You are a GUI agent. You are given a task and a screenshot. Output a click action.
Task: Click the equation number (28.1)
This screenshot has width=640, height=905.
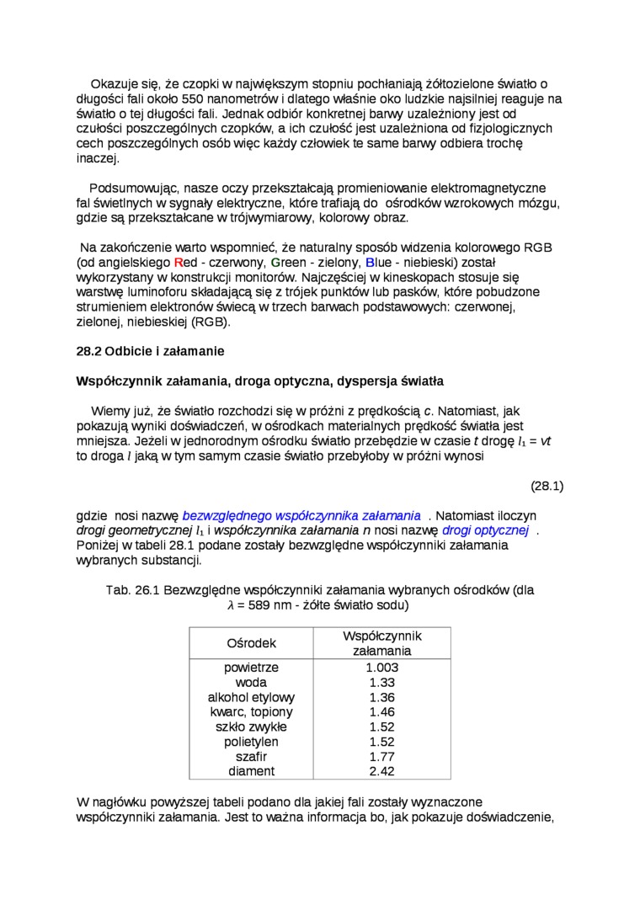[x=547, y=486]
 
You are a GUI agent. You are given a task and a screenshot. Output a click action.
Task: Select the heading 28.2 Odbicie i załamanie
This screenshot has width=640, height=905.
[x=151, y=350]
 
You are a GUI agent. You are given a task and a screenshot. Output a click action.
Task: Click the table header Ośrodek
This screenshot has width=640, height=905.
[x=251, y=643]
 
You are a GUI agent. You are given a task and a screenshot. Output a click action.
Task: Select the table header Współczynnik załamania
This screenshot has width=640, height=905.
[x=381, y=643]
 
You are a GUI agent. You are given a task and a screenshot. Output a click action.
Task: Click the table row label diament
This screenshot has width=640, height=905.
[x=251, y=771]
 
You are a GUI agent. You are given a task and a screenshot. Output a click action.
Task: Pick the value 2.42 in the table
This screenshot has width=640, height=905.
[x=382, y=771]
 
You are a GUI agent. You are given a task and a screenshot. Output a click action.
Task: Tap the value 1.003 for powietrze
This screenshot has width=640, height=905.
[x=382, y=668]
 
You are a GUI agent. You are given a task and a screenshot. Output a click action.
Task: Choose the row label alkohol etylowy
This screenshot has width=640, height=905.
[x=251, y=698]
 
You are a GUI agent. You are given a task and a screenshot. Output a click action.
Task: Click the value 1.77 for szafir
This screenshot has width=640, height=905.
[x=382, y=757]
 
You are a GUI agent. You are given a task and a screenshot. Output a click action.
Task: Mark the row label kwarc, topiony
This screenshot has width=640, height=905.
[x=251, y=712]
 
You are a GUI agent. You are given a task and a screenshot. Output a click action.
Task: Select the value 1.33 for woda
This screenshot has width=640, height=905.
[x=382, y=683]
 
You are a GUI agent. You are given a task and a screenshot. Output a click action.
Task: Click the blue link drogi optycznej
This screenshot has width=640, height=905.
[x=484, y=530]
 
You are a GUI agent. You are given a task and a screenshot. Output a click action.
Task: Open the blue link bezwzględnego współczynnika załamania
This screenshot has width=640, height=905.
[x=301, y=515]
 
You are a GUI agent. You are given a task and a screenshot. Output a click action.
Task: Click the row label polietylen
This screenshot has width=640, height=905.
[x=251, y=742]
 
